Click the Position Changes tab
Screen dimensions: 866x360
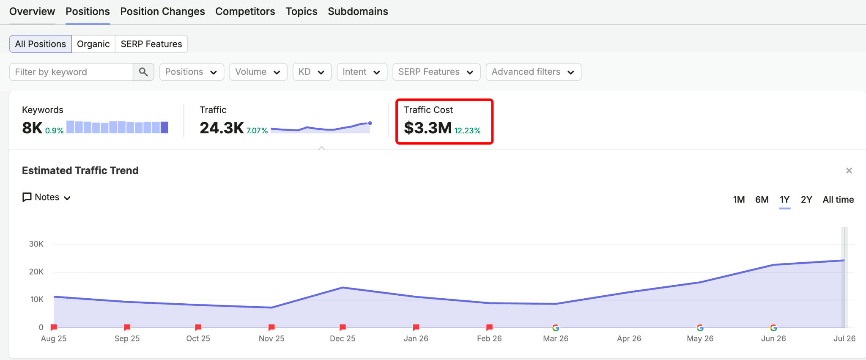pyautogui.click(x=162, y=11)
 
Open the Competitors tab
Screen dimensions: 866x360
pyautogui.click(x=245, y=11)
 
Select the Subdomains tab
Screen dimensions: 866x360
pyautogui.click(x=358, y=11)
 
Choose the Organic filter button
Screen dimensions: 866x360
pyautogui.click(x=93, y=44)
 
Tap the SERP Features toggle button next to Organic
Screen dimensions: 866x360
pyautogui.click(x=151, y=44)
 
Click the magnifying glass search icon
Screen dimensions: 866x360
pyautogui.click(x=143, y=72)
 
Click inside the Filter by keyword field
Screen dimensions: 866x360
pyautogui.click(x=71, y=72)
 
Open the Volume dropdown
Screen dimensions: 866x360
pyautogui.click(x=258, y=72)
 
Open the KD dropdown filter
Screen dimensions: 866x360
pyautogui.click(x=312, y=72)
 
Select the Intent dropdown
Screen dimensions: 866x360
pyautogui.click(x=362, y=72)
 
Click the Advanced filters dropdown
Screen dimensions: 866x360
pyautogui.click(x=534, y=72)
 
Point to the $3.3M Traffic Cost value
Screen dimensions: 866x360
pyautogui.click(x=428, y=128)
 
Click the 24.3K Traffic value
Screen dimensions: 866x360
pyautogui.click(x=222, y=128)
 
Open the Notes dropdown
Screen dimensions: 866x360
pyautogui.click(x=47, y=197)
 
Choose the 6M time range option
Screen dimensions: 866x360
pyautogui.click(x=762, y=200)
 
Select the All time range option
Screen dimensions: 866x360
pyautogui.click(x=838, y=200)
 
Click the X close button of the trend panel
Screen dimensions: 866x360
pyautogui.click(x=849, y=170)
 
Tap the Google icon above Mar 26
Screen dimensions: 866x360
pyautogui.click(x=556, y=328)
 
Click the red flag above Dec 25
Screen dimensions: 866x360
pyautogui.click(x=343, y=327)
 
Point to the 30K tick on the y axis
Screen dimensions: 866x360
pyautogui.click(x=36, y=244)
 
